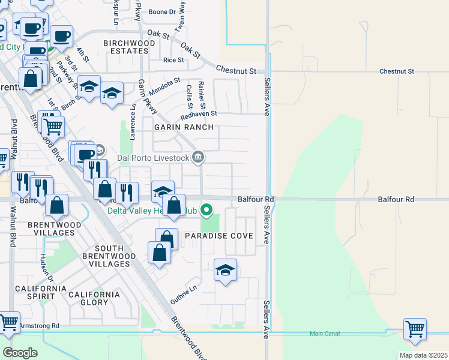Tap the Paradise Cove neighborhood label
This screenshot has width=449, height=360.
(215, 236)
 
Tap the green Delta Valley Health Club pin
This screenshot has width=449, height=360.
(206, 210)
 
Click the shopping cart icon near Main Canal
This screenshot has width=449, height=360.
(415, 329)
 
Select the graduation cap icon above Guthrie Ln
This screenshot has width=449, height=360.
(225, 270)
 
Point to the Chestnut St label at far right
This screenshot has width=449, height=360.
(397, 71)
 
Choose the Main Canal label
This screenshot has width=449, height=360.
(325, 334)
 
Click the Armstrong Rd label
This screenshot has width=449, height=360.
(39, 326)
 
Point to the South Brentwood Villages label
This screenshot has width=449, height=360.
(109, 256)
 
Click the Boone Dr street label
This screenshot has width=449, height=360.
(161, 11)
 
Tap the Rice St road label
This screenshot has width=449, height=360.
(173, 60)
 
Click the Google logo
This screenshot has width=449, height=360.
(20, 352)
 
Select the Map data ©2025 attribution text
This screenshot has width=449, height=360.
(423, 355)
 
